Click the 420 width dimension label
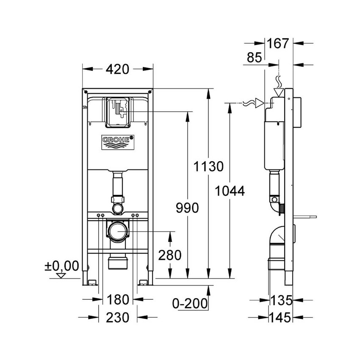pos(117,69)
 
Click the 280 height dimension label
pos(169,255)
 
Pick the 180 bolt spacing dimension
pos(118,300)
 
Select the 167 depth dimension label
pos(278,43)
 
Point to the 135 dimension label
pos(281,300)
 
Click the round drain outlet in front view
pos(118,231)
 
